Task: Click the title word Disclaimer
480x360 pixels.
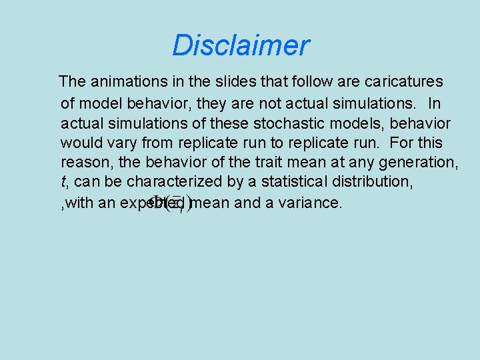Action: click(x=241, y=45)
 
